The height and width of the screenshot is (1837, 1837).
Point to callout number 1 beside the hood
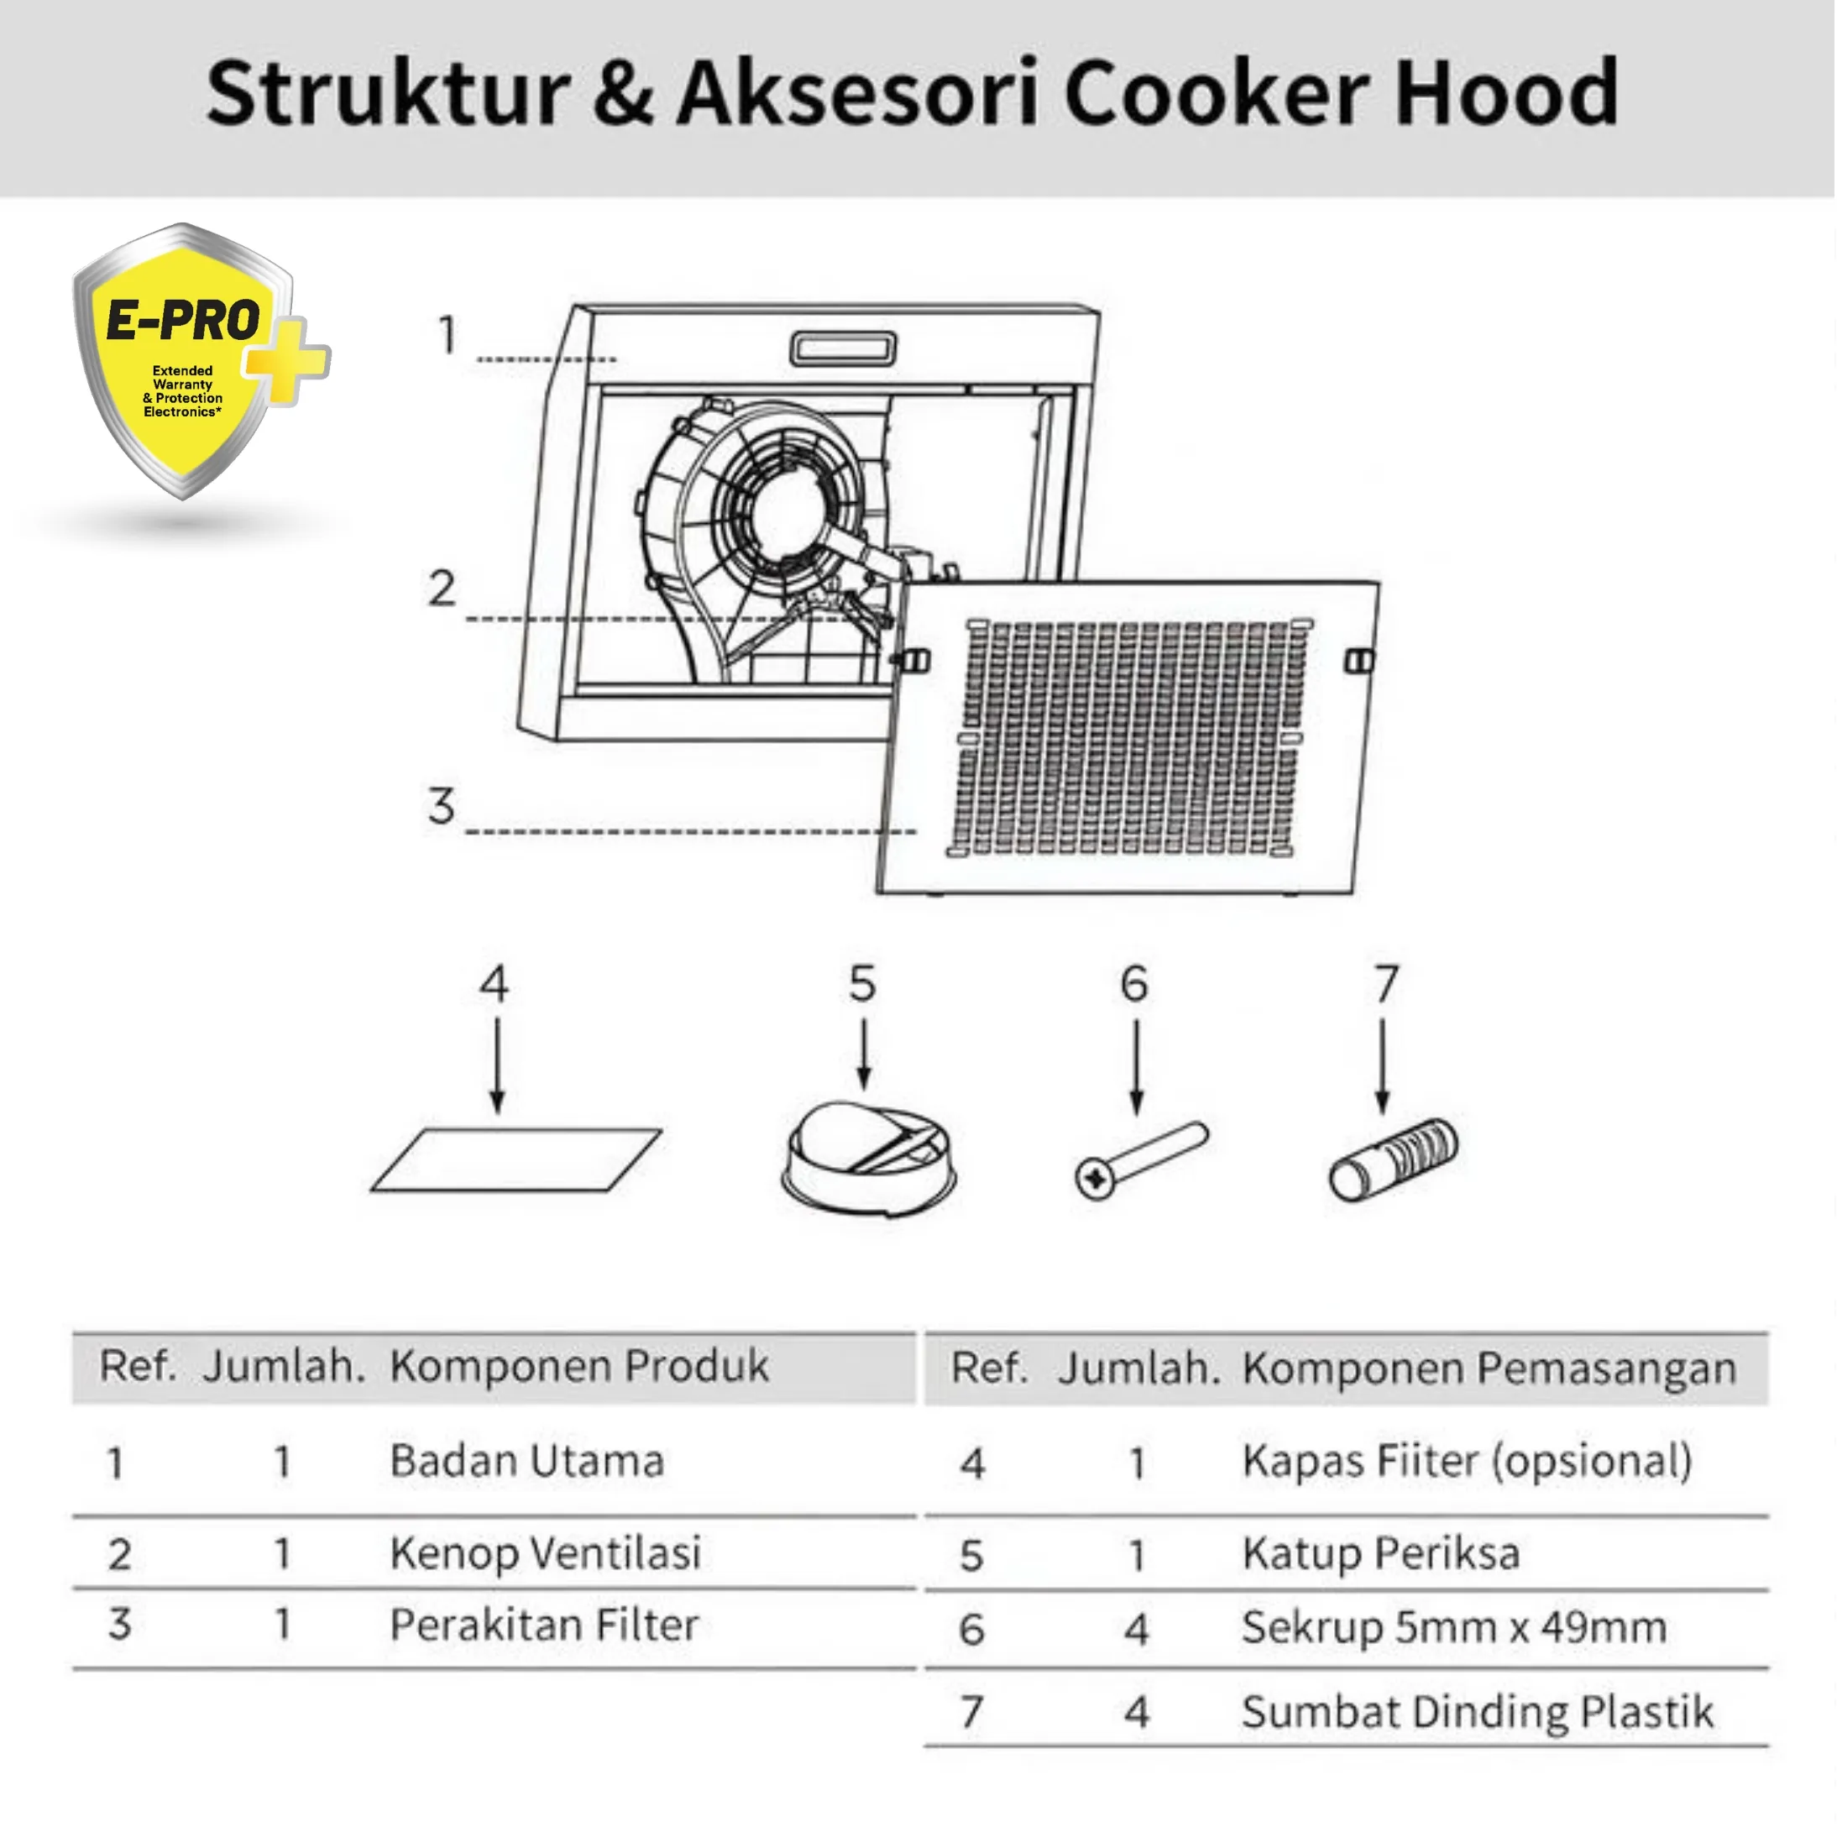pyautogui.click(x=446, y=335)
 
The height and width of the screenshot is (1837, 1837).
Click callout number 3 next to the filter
pyautogui.click(x=440, y=805)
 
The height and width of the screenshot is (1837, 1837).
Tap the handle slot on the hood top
pyautogui.click(x=842, y=348)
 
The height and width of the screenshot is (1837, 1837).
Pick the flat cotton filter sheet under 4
pyautogui.click(x=516, y=1159)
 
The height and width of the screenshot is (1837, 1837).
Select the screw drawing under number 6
pyautogui.click(x=1140, y=1159)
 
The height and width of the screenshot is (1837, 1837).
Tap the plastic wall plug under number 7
pyautogui.click(x=1393, y=1159)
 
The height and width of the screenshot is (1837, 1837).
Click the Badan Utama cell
pyautogui.click(x=526, y=1462)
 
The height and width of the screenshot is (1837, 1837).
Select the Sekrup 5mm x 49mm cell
pyautogui.click(x=1454, y=1627)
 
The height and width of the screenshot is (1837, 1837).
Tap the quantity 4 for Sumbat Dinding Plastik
pyautogui.click(x=1136, y=1713)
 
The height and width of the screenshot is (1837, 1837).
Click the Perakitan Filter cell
pyautogui.click(x=544, y=1625)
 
